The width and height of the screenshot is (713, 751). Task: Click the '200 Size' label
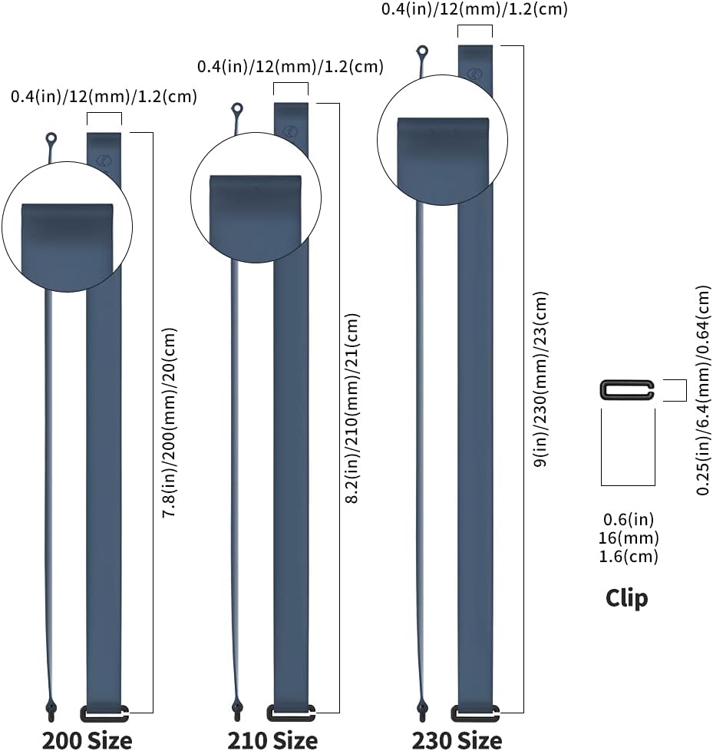coord(87,740)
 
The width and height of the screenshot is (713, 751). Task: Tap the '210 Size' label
coord(272,740)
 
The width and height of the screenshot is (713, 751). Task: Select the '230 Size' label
coord(457,740)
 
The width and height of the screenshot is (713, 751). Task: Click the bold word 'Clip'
coord(626,598)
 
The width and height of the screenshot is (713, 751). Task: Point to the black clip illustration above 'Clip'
coord(627,390)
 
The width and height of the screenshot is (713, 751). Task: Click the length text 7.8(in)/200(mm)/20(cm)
coord(170,422)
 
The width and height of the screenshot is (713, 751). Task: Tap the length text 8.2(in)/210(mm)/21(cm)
coord(352,408)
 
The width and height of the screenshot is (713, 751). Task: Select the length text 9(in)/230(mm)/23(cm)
coord(541,379)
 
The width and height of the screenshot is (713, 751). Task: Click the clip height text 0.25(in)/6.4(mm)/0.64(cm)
coord(703,390)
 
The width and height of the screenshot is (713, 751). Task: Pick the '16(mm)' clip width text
coord(629,538)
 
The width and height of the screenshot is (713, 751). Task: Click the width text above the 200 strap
coord(104,97)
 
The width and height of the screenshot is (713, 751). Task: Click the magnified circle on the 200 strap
coord(68,227)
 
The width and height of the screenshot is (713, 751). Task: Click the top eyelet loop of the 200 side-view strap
coord(51,139)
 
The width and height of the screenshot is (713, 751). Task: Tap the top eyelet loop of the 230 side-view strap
coord(422,51)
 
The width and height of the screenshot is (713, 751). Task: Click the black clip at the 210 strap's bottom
coord(291,713)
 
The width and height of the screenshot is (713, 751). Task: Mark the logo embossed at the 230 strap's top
coord(474,74)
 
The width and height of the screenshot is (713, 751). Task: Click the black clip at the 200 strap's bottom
coord(104,713)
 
